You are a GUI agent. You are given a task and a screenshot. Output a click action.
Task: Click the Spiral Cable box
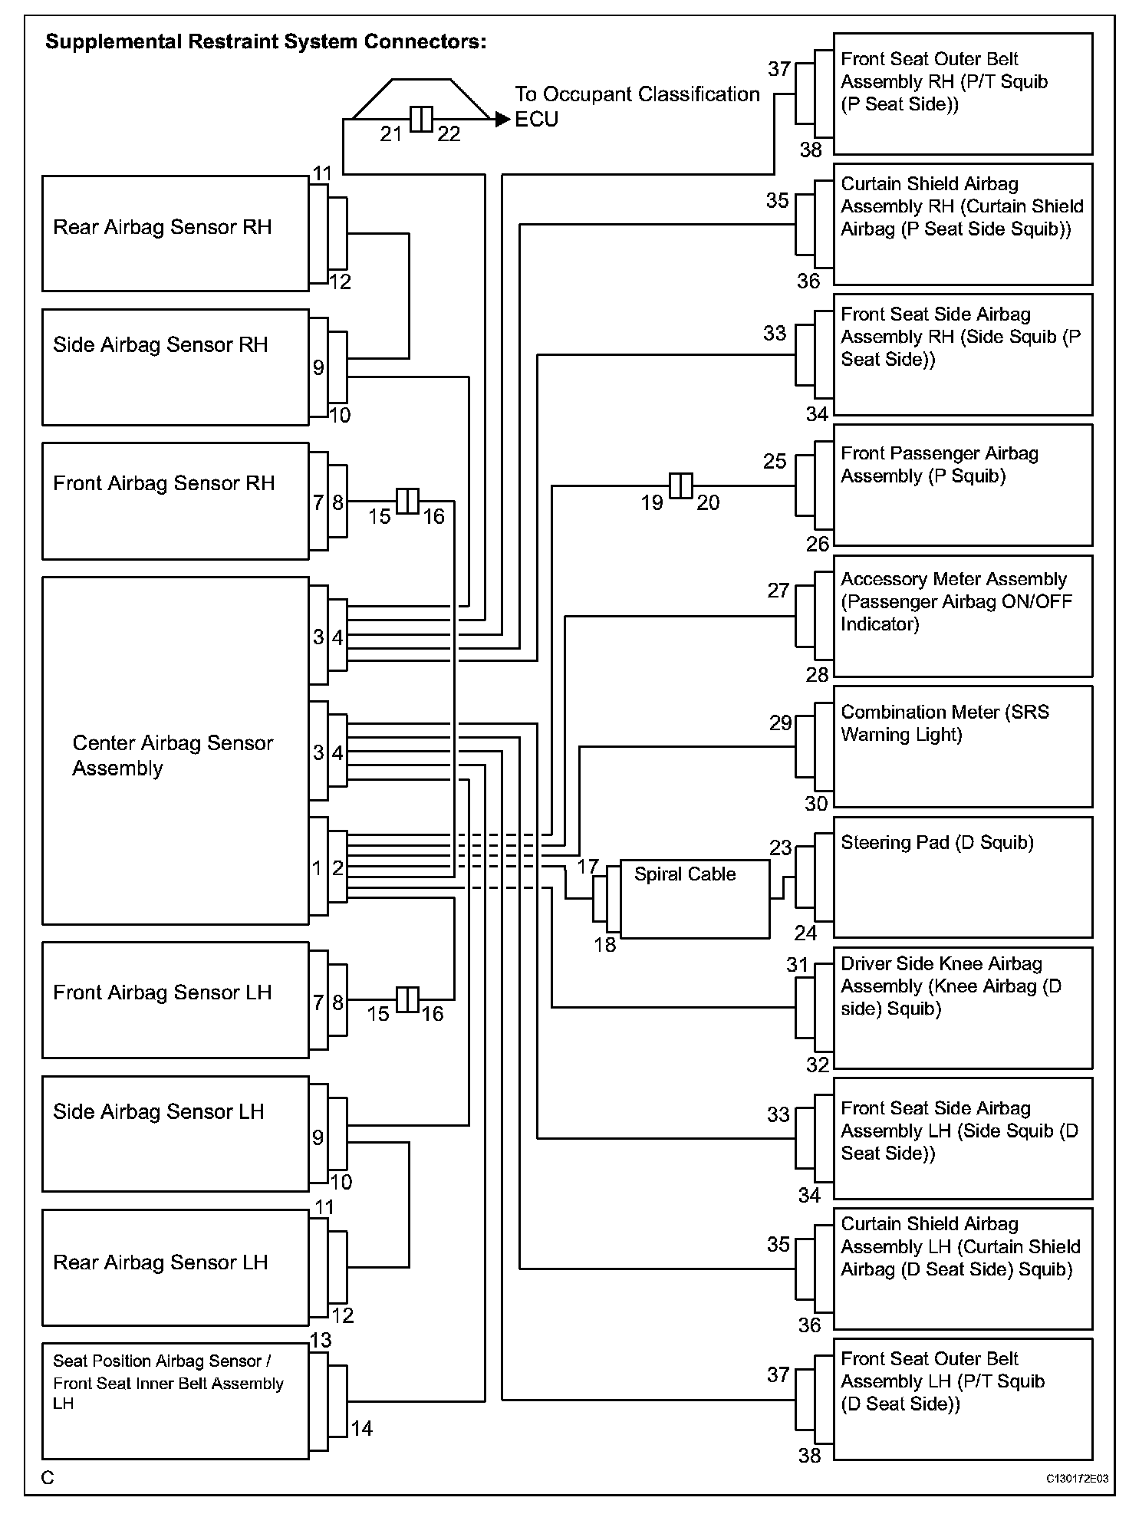[694, 899]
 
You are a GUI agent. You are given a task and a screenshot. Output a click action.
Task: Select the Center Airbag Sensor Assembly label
[173, 755]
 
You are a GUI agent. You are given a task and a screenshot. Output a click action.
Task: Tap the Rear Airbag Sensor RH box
[175, 233]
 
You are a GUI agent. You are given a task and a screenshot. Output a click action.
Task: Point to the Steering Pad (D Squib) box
[963, 877]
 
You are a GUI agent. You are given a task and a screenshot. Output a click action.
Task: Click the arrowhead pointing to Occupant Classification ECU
[502, 120]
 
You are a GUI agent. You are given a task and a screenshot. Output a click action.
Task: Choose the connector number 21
[391, 134]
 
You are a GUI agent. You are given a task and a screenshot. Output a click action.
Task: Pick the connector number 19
[652, 503]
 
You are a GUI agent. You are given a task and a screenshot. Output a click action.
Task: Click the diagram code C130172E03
[1077, 1478]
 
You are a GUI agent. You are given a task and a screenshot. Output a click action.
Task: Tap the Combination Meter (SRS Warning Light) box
[963, 746]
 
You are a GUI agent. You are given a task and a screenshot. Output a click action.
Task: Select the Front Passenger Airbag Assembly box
[963, 485]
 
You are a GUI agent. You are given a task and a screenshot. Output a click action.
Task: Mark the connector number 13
[321, 1340]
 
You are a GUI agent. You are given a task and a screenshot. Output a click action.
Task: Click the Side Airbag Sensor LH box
[175, 1134]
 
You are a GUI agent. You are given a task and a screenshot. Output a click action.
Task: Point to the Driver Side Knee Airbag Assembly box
[963, 1008]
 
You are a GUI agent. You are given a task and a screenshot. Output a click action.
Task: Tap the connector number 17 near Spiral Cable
[588, 867]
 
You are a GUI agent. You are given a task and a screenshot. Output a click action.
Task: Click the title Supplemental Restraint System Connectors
[265, 41]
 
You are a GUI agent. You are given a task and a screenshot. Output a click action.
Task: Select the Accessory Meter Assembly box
[963, 616]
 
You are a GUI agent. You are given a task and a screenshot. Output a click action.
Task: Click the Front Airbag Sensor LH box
[175, 1000]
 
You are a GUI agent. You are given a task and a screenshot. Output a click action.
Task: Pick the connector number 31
[798, 965]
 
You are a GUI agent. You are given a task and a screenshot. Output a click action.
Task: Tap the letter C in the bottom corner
[48, 1478]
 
